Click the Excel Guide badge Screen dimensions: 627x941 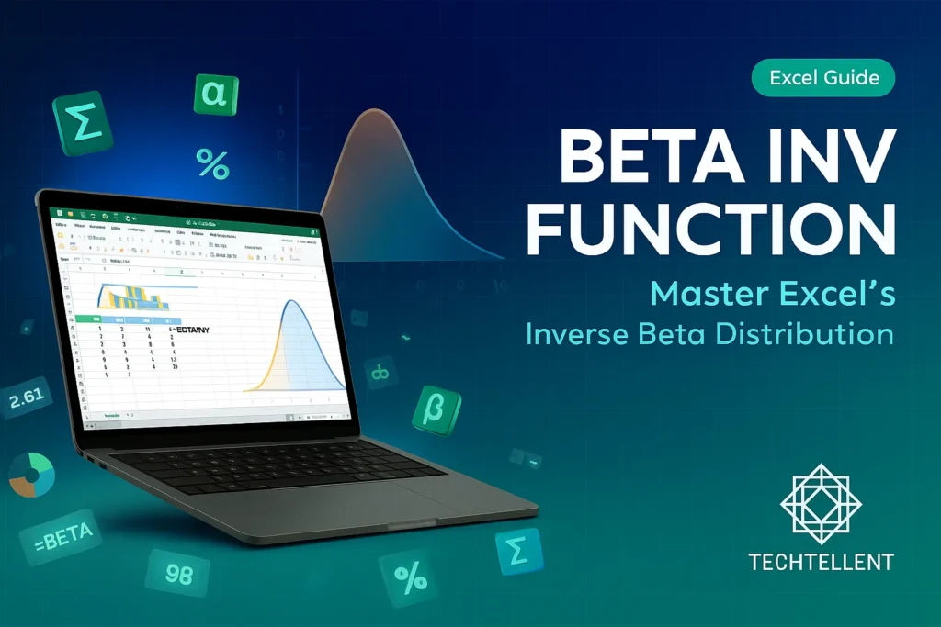pyautogui.click(x=823, y=78)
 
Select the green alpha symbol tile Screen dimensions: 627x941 pyautogui.click(x=216, y=94)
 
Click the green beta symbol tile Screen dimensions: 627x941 pyautogui.click(x=436, y=409)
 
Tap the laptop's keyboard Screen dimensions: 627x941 pyautogui.click(x=276, y=465)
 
